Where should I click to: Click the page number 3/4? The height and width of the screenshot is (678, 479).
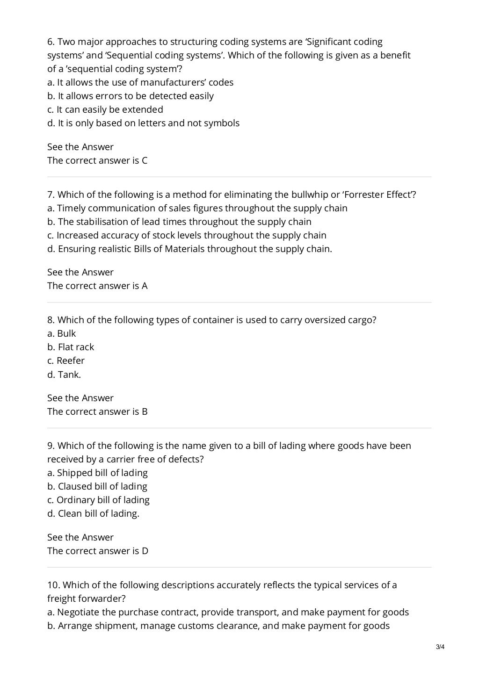pyautogui.click(x=440, y=648)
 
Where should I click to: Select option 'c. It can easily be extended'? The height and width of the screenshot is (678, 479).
pyautogui.click(x=105, y=109)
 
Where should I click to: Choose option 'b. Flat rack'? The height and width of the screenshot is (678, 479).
pyautogui.click(x=71, y=347)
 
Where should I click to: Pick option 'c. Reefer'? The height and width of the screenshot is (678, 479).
pyautogui.click(x=66, y=361)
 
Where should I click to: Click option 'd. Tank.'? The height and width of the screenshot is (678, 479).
pyautogui.click(x=64, y=374)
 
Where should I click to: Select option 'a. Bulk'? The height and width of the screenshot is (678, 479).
pyautogui.click(x=61, y=333)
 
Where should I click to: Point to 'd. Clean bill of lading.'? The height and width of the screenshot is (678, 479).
pyautogui.click(x=93, y=513)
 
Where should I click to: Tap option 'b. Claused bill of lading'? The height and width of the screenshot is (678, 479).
pyautogui.click(x=97, y=486)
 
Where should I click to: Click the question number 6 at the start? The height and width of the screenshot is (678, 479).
pyautogui.click(x=51, y=42)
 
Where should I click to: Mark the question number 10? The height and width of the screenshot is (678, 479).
pyautogui.click(x=53, y=585)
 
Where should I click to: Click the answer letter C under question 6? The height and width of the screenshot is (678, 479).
pyautogui.click(x=145, y=160)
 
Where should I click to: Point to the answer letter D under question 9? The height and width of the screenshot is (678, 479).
pyautogui.click(x=145, y=551)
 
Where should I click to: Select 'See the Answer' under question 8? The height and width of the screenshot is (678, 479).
pyautogui.click(x=80, y=398)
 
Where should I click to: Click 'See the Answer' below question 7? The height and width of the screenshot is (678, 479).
pyautogui.click(x=80, y=272)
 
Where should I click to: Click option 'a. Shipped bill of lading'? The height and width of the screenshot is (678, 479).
pyautogui.click(x=97, y=473)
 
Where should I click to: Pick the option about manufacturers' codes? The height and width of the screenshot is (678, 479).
pyautogui.click(x=140, y=82)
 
